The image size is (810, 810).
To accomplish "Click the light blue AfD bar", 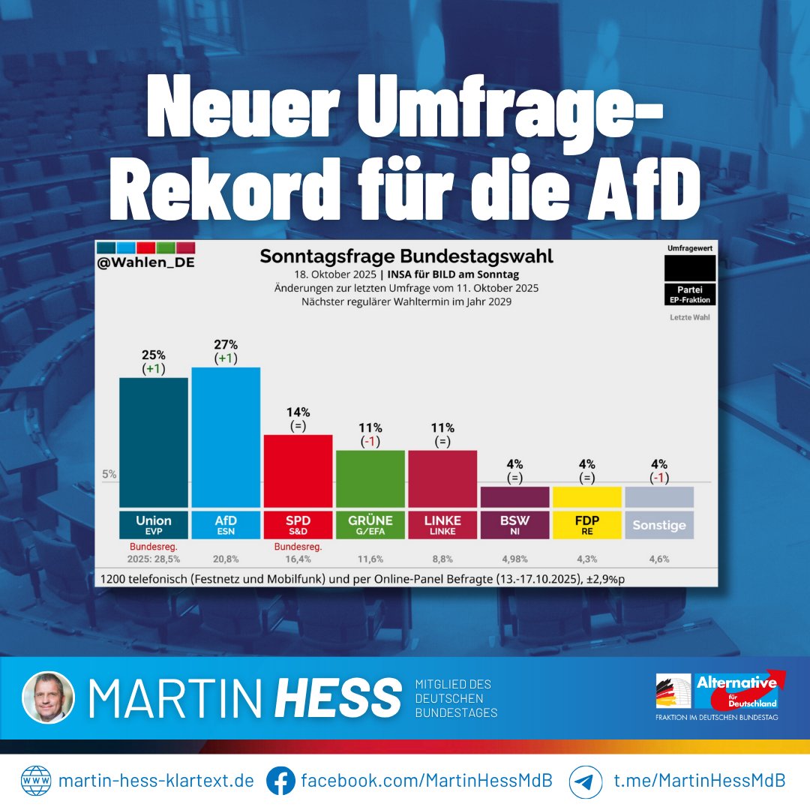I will tap(226, 437).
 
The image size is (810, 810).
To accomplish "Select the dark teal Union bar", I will tap(154, 442).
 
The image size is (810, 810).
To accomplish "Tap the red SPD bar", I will tap(298, 470).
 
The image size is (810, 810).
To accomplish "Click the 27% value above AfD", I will tap(226, 344).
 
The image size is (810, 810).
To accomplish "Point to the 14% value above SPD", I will tap(298, 412).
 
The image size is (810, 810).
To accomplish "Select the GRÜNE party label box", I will tap(370, 524).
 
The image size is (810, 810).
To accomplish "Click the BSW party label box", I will tap(514, 524).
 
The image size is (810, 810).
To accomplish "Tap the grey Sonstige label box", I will tap(658, 524).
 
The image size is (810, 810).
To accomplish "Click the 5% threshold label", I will tap(109, 474).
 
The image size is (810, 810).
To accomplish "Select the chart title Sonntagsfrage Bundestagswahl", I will tap(406, 256).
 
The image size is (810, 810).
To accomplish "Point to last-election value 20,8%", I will tap(226, 559).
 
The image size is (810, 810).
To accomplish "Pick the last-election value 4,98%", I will tap(514, 559).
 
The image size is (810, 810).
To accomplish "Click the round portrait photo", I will tap(49, 697).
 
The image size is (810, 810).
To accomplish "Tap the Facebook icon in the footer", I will tap(280, 781).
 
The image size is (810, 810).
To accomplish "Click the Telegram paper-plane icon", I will tap(585, 781).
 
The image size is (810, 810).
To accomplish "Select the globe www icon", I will tap(35, 781).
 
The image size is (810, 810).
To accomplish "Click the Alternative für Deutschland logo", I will tap(736, 691).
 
